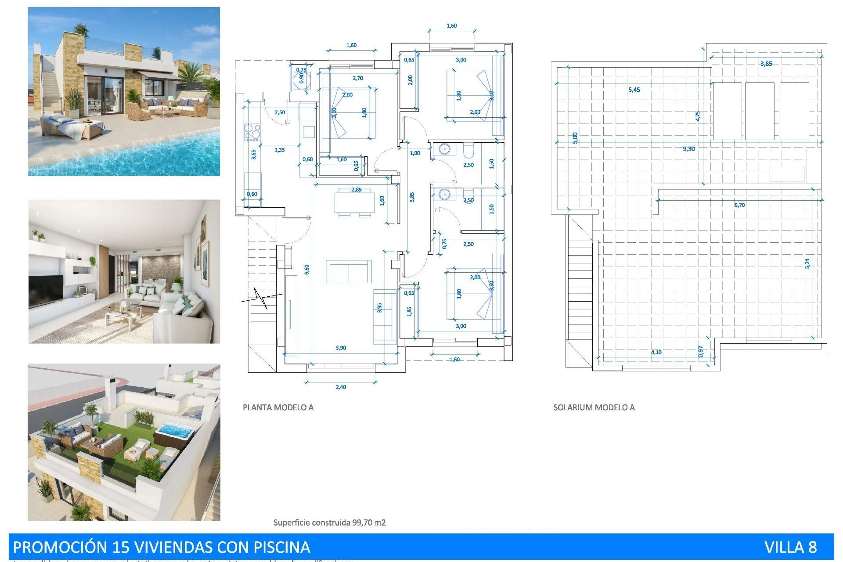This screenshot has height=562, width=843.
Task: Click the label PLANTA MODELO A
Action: (x=278, y=407)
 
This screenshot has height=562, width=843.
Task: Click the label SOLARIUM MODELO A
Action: (x=594, y=407)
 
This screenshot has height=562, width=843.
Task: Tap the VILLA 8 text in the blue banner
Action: (x=790, y=547)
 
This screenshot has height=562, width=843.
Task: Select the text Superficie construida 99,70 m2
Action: (x=329, y=522)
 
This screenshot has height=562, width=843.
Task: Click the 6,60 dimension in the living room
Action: (x=306, y=269)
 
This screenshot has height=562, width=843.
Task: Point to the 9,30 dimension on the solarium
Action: (x=688, y=149)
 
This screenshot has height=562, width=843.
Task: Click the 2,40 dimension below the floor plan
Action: (x=341, y=387)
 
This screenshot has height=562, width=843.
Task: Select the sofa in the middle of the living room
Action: (x=349, y=271)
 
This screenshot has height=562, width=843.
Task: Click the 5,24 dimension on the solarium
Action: (x=807, y=263)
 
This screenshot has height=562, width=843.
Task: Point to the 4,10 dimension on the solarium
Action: (x=656, y=352)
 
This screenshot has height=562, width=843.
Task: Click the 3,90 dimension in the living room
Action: (x=341, y=348)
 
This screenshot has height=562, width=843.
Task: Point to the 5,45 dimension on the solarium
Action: (x=634, y=90)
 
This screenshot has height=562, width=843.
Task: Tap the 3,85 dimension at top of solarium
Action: (x=766, y=64)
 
